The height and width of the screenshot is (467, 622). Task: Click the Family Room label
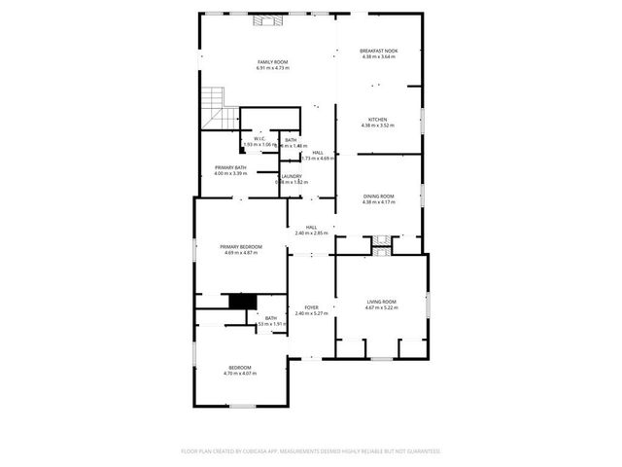(x=272, y=62)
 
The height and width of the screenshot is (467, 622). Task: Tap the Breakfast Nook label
(x=378, y=51)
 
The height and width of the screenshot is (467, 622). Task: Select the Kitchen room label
(x=378, y=120)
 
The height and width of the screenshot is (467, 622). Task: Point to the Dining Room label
(x=378, y=196)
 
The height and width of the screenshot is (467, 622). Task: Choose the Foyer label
(x=311, y=306)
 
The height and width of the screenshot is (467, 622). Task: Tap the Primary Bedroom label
(x=243, y=247)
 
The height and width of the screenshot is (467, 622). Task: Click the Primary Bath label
(x=230, y=168)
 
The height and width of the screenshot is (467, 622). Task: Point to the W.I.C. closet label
(x=260, y=139)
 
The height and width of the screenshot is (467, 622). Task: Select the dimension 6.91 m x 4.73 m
(x=272, y=68)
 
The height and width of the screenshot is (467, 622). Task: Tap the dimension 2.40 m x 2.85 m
(x=311, y=233)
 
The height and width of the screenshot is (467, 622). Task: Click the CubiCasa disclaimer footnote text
(x=311, y=451)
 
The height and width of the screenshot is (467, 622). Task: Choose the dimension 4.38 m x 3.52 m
(x=378, y=126)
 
